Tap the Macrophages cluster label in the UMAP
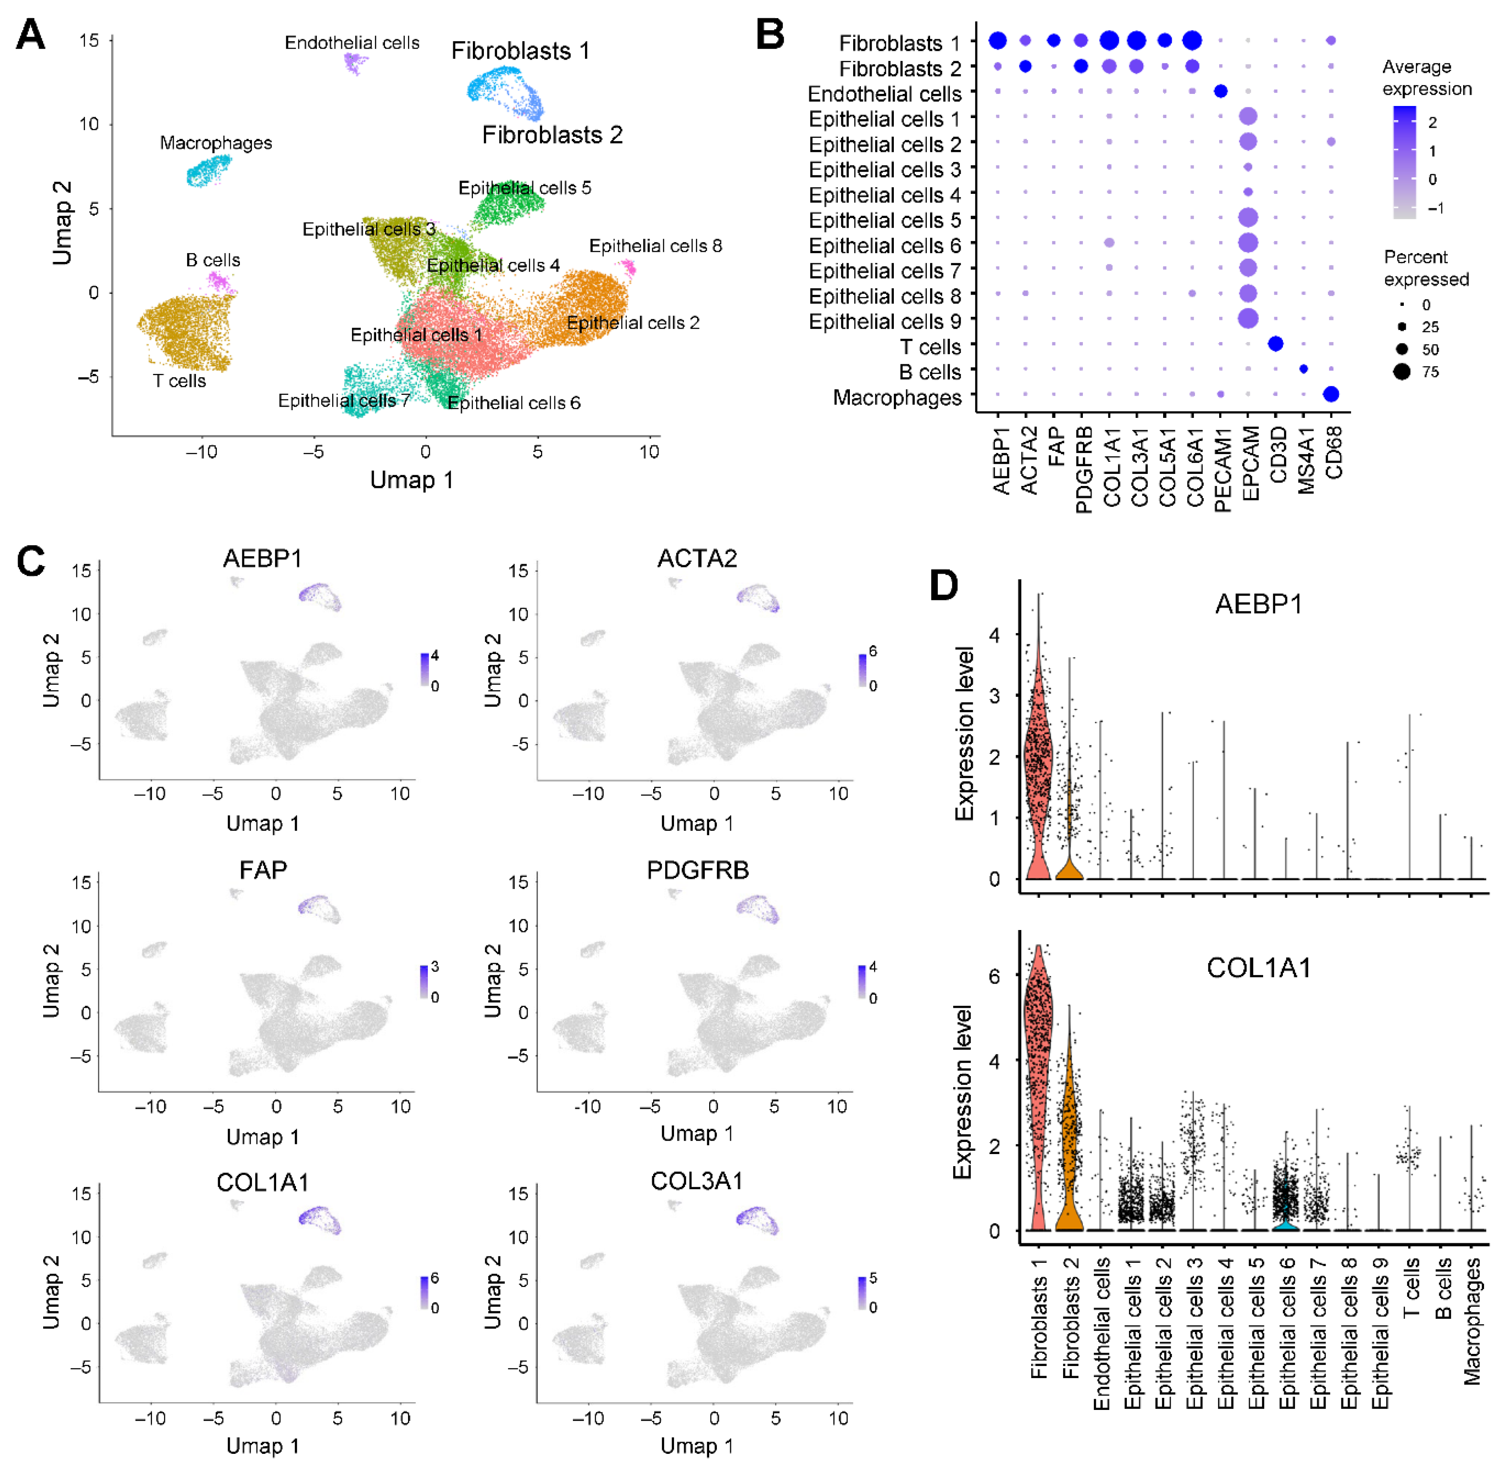(x=216, y=143)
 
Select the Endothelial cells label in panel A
(x=352, y=43)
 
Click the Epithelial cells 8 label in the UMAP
(x=655, y=246)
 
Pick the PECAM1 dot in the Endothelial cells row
(x=1221, y=91)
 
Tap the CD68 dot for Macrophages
(x=1330, y=394)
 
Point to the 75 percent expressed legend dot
(x=1402, y=372)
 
